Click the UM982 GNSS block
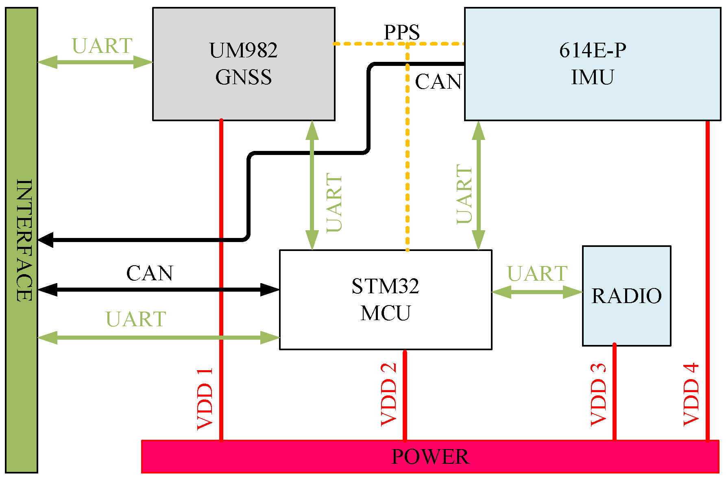(243, 64)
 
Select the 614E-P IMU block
(592, 64)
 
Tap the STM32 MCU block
(385, 299)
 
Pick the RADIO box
(626, 296)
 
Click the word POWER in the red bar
(430, 456)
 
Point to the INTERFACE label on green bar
(24, 240)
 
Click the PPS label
(401, 32)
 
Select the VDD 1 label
(205, 399)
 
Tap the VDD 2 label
(389, 395)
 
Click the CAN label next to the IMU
(438, 82)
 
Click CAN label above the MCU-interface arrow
(150, 273)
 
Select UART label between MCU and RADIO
(537, 273)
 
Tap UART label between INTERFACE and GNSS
(102, 46)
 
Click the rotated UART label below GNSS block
(334, 203)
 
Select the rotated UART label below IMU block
(464, 194)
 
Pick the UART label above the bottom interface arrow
(136, 319)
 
